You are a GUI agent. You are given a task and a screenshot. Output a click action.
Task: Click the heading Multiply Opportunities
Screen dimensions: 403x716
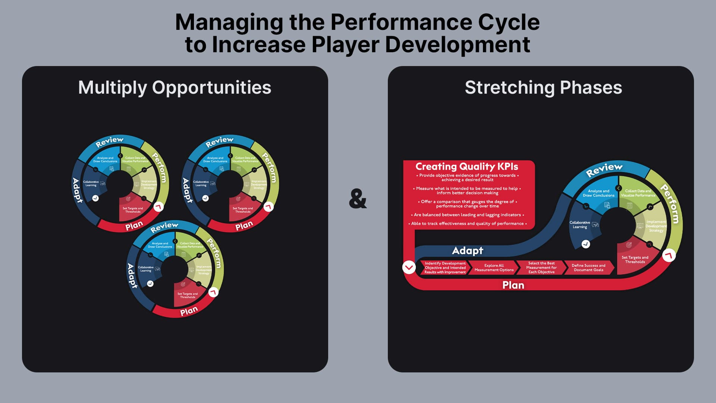point(175,88)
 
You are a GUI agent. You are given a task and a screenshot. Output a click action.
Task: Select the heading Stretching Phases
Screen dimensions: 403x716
point(543,88)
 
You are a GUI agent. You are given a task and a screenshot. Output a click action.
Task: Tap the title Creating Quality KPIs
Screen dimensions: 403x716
point(467,166)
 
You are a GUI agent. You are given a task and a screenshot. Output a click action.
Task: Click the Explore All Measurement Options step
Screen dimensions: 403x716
point(494,268)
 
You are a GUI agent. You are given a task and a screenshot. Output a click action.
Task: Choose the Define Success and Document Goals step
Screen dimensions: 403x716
point(588,268)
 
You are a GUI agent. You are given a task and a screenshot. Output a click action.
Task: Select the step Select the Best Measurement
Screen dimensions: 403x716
point(541,268)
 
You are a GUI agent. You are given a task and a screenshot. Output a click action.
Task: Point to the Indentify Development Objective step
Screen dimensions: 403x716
point(445,268)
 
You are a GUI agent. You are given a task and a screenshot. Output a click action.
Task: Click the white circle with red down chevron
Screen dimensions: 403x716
point(409,267)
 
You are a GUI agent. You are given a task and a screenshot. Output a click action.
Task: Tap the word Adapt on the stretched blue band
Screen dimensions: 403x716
point(467,251)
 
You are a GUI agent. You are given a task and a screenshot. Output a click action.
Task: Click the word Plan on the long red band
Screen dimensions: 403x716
point(513,285)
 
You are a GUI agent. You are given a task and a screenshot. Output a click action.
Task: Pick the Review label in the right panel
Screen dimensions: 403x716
point(604,170)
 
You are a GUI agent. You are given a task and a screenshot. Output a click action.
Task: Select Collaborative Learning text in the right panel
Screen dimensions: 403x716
point(580,225)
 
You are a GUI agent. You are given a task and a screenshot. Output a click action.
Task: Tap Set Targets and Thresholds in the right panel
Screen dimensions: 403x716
point(635,259)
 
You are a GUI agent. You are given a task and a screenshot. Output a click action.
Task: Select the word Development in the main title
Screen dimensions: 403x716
point(457,45)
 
